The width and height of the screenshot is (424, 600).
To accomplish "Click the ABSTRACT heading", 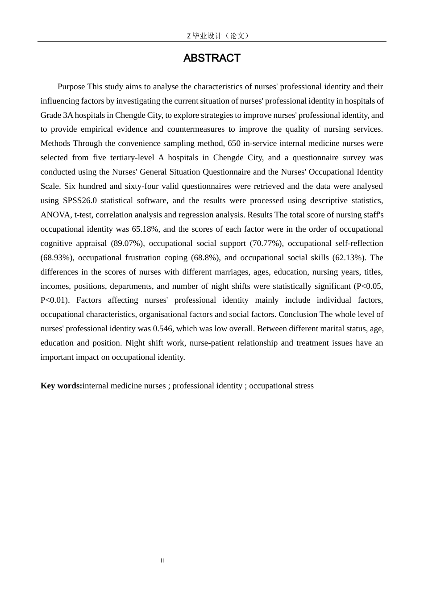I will coord(212,58).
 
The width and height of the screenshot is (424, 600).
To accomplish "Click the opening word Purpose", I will coord(71,87).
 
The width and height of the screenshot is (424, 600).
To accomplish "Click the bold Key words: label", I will coord(61,386).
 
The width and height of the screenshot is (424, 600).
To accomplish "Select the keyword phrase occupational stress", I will coord(281,386).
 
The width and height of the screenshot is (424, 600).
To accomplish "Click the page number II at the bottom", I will coord(162,561).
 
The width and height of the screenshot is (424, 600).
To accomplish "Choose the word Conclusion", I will coord(298,314).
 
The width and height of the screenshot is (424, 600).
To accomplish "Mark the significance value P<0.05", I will coord(368,286).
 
